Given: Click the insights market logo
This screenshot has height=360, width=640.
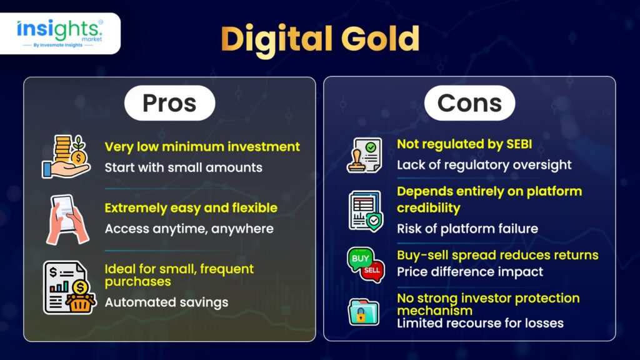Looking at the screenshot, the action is (x=59, y=34).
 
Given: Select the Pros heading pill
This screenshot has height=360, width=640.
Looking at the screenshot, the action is (x=170, y=103).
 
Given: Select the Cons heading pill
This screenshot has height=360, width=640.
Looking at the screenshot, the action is (x=469, y=103).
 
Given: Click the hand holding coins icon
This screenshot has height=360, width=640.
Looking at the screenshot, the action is (x=66, y=157).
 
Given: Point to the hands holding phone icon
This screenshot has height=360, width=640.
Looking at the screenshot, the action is (x=67, y=219).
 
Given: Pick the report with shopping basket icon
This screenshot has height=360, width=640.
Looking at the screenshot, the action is (x=69, y=287).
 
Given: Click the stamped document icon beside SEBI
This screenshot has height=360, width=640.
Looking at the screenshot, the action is (x=364, y=156).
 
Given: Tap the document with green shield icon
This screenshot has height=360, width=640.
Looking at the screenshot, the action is (x=366, y=211).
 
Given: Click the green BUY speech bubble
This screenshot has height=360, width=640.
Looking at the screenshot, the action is (x=359, y=259).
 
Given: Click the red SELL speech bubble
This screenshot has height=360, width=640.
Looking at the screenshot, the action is (x=372, y=271).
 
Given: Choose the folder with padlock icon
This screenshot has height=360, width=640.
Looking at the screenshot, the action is (x=363, y=312).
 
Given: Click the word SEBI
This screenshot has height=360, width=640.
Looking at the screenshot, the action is (x=519, y=144).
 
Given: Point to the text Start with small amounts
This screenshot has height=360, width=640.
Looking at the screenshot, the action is (x=183, y=167).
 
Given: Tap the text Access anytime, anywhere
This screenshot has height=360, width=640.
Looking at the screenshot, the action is (x=189, y=229).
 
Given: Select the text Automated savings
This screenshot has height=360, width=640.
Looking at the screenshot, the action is (x=166, y=302).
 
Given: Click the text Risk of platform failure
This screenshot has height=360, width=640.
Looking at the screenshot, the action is (x=467, y=229).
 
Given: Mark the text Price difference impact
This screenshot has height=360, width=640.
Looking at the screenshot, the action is (x=470, y=272).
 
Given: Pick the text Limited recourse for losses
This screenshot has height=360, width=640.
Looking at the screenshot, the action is (x=480, y=323).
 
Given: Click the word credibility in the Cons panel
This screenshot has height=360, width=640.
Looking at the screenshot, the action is (x=429, y=208).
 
